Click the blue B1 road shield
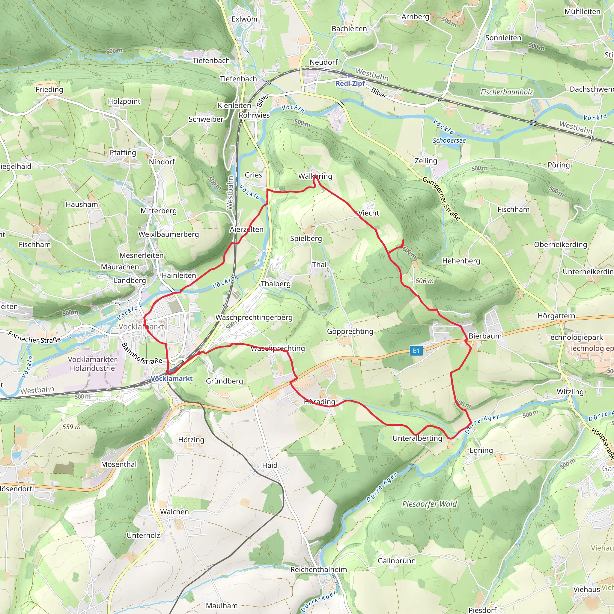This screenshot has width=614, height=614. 416,351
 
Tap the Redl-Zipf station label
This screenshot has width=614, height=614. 350,84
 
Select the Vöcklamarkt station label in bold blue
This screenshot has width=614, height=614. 171,379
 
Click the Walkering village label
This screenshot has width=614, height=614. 315,176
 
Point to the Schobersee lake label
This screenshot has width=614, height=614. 449,141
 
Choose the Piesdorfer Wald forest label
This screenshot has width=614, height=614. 429,504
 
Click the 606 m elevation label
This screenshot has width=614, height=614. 424,281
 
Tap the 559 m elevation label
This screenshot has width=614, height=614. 72,427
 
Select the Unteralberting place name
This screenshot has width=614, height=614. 417,438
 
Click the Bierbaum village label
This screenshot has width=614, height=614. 485,336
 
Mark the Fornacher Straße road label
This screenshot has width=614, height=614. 34,337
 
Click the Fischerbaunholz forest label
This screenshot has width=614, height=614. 507,92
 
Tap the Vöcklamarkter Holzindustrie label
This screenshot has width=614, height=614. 92,364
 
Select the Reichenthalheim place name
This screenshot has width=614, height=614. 318,570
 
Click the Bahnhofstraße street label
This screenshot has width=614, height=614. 142,353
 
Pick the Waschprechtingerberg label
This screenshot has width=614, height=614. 254,317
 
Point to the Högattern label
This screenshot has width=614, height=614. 556,316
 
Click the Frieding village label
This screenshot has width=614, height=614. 49,90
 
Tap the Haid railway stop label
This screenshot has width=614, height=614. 270,465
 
